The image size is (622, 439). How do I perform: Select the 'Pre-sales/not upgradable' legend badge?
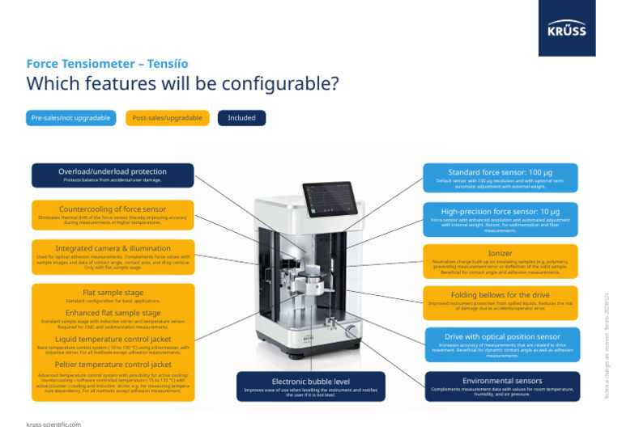pyautogui.click(x=70, y=118)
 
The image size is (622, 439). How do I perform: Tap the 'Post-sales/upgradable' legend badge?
pyautogui.click(x=167, y=118)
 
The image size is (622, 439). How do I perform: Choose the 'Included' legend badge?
pyautogui.click(x=241, y=118)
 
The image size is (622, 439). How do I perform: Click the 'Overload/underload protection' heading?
pyautogui.click(x=113, y=171)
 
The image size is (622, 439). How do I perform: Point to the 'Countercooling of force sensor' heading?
pyautogui.click(x=113, y=209)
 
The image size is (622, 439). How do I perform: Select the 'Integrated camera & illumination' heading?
pyautogui.click(x=113, y=248)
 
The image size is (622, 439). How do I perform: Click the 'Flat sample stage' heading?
pyautogui.click(x=113, y=292)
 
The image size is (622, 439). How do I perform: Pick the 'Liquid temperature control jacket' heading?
pyautogui.click(x=113, y=339)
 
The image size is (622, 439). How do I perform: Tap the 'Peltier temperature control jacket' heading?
pyautogui.click(x=113, y=365)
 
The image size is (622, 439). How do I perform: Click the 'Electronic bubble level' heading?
pyautogui.click(x=311, y=381)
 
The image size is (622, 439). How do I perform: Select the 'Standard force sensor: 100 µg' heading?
pyautogui.click(x=501, y=172)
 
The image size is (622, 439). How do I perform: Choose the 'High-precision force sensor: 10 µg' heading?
pyautogui.click(x=501, y=211)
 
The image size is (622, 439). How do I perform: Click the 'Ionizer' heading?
pyautogui.click(x=501, y=253)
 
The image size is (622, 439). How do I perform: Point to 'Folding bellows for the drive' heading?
pyautogui.click(x=501, y=295)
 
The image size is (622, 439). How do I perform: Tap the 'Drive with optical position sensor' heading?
pyautogui.click(x=502, y=336)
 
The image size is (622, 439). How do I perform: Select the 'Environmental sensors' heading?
pyautogui.click(x=502, y=380)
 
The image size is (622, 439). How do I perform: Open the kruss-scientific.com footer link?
pyautogui.click(x=53, y=424)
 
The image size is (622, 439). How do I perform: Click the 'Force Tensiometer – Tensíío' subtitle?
pyautogui.click(x=107, y=63)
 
